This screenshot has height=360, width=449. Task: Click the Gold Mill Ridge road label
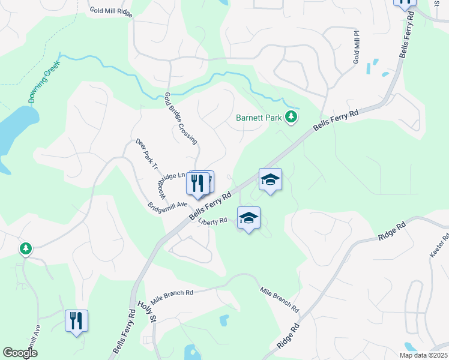[111, 11]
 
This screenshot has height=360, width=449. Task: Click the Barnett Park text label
[258, 118]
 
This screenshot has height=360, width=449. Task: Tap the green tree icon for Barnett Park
[291, 116]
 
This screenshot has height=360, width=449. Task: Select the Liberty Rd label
[212, 221]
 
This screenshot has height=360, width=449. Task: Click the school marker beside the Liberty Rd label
[249, 218]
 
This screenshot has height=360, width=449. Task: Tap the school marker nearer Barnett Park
[270, 179]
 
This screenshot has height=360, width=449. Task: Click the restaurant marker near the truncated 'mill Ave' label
[76, 321]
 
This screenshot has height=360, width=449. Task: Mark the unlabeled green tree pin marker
[25, 248]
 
